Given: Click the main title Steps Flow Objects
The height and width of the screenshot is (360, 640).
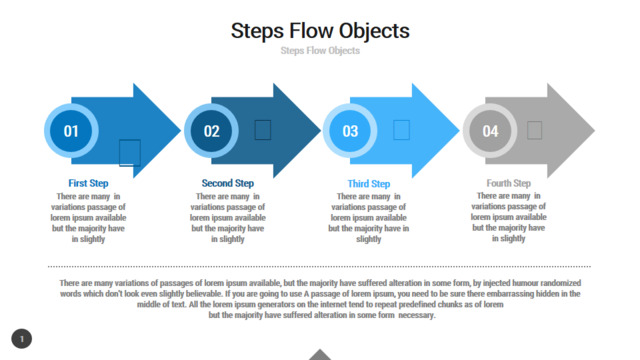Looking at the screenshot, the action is (x=320, y=31).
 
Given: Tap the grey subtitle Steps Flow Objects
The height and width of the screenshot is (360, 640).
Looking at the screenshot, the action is (x=320, y=51).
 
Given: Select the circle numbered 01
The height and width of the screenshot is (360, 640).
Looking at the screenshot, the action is (x=71, y=131).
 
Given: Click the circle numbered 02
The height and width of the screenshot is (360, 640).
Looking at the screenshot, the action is (x=211, y=131).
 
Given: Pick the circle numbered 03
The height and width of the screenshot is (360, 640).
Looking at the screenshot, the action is (x=350, y=131).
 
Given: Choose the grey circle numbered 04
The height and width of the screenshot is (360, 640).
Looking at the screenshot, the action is (x=490, y=131).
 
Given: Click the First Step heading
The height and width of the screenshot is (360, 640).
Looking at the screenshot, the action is (x=88, y=183).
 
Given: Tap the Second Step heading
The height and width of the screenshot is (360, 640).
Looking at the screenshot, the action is (x=228, y=183).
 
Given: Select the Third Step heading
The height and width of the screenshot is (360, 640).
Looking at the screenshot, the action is (x=369, y=184).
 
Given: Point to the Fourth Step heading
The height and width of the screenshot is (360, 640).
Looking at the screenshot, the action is (x=509, y=183).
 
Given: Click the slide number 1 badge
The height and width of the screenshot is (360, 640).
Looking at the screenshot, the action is (x=22, y=339).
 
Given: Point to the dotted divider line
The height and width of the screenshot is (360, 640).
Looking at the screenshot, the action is (x=319, y=267).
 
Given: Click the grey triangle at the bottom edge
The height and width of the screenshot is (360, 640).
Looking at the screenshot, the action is (x=320, y=355).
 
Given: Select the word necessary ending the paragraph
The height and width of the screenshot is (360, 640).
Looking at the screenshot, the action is (x=417, y=315).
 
